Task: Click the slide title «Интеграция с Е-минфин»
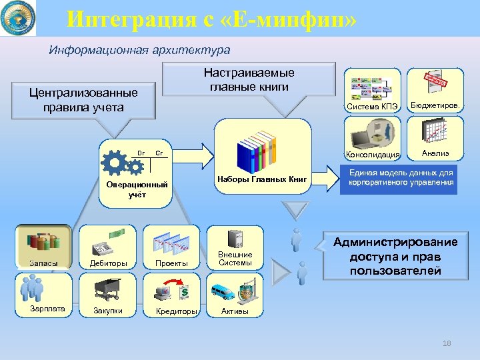[x=212, y=19]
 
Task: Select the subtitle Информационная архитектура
[x=141, y=50]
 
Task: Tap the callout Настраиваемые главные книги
[x=249, y=79]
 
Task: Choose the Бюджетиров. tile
[x=437, y=91]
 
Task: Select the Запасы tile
[x=43, y=247]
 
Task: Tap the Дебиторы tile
[x=107, y=247]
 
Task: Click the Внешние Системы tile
[x=235, y=247]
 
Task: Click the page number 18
[x=447, y=343]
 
